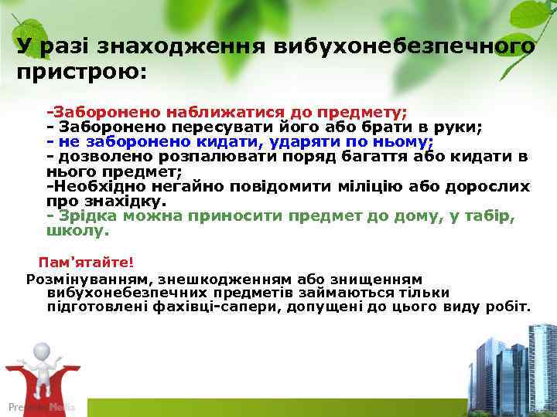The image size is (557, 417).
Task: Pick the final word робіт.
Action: pyautogui.click(x=510, y=307)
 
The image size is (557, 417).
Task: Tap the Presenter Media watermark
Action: pyautogui.click(x=41, y=406)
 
